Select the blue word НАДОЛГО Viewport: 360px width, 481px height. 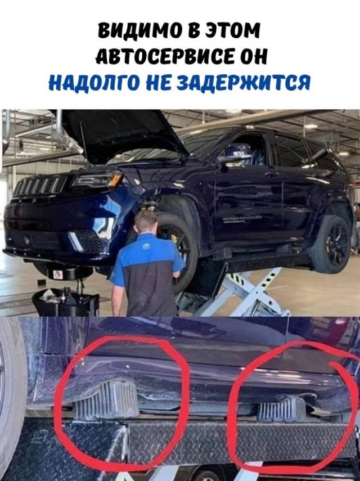96,83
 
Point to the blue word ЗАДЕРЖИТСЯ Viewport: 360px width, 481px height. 244,83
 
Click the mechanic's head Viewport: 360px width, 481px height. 146,222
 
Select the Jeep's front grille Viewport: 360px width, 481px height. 40,186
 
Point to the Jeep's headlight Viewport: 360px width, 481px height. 97,180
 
